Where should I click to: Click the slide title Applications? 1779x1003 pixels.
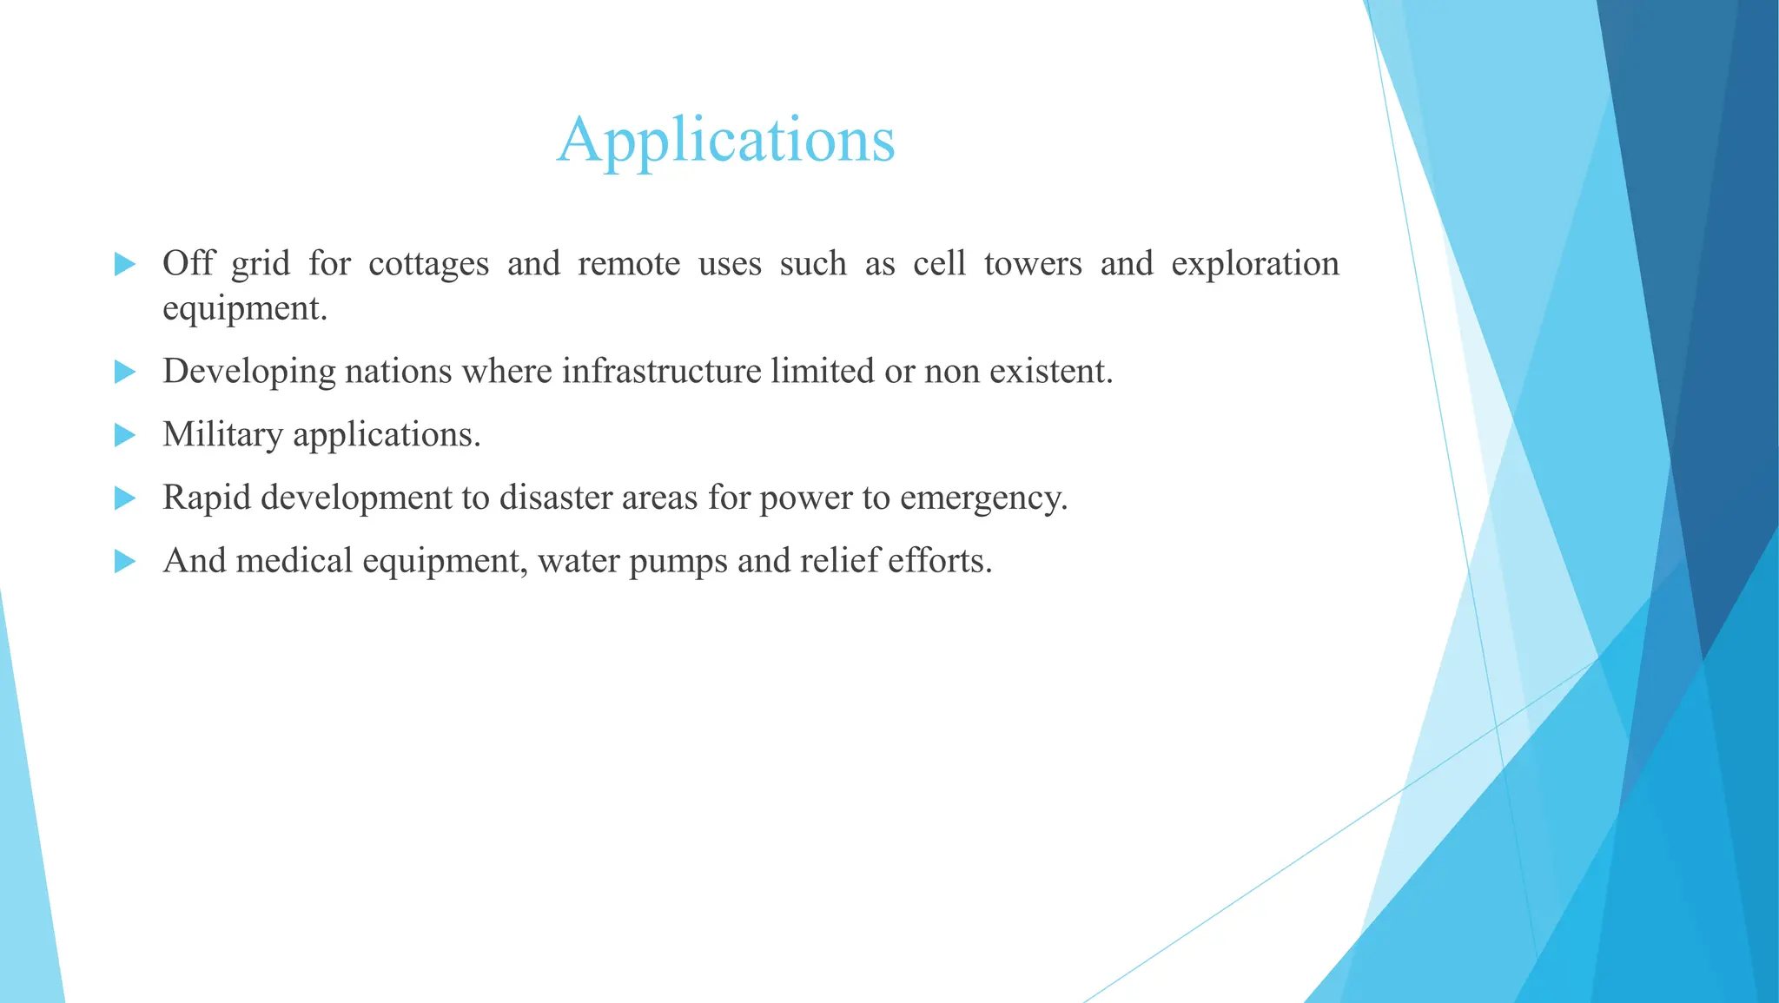pos(725,140)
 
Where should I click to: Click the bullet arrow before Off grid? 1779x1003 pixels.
pos(125,264)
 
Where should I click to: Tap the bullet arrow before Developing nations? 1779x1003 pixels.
pos(125,373)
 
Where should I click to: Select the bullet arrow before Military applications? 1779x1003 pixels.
pos(125,435)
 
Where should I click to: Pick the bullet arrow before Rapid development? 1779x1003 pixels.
pos(125,498)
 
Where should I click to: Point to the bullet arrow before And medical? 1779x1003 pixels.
pos(125,562)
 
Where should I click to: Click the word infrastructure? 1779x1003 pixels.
pos(662,372)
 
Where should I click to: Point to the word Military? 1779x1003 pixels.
pos(222,435)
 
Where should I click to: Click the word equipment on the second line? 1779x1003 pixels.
pos(244,309)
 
